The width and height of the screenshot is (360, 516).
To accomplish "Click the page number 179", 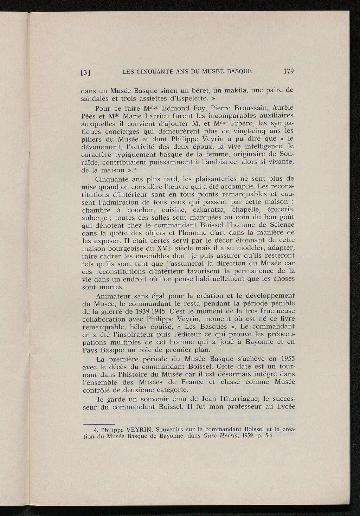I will click(288, 71).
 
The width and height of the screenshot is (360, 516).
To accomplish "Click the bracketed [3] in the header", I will click(86, 73).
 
